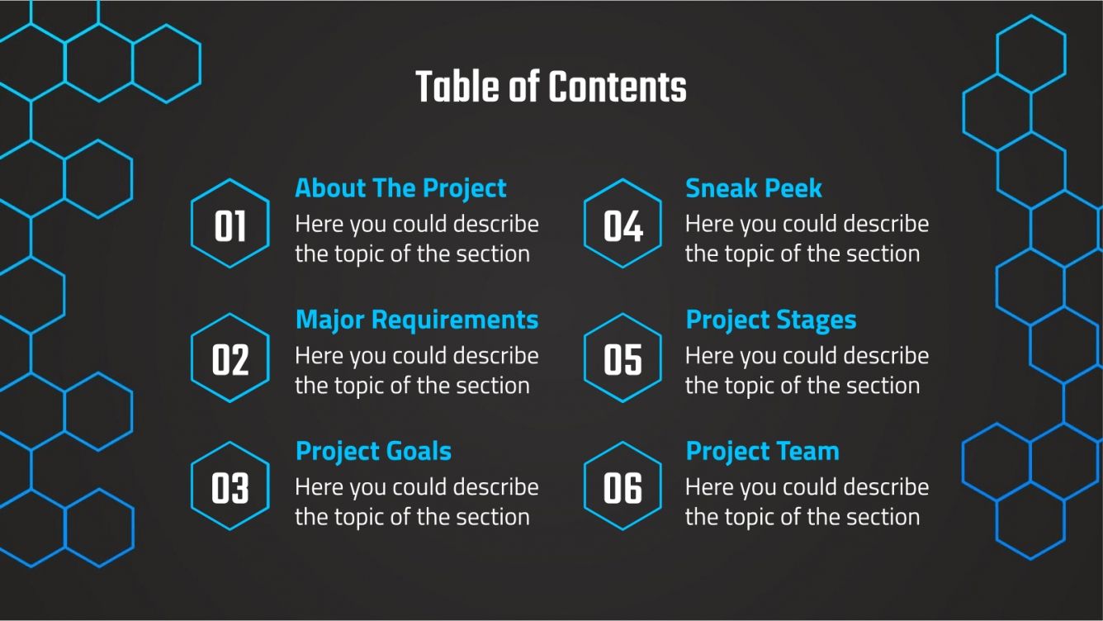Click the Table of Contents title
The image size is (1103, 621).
coord(551,87)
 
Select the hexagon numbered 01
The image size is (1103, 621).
coord(230,225)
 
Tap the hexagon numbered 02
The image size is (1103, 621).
coord(230,358)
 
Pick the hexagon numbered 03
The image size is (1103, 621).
coord(230,487)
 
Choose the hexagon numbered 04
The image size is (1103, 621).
coord(623,225)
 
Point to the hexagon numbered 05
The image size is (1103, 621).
coord(623,358)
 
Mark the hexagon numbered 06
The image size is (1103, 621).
coord(623,487)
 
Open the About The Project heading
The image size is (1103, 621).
coord(400,188)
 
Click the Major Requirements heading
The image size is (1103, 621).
coord(417,320)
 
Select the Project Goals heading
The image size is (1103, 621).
coord(373,452)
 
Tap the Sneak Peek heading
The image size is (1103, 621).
coord(754,188)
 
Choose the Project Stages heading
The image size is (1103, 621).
coord(771,320)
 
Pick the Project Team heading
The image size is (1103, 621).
coord(762,452)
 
